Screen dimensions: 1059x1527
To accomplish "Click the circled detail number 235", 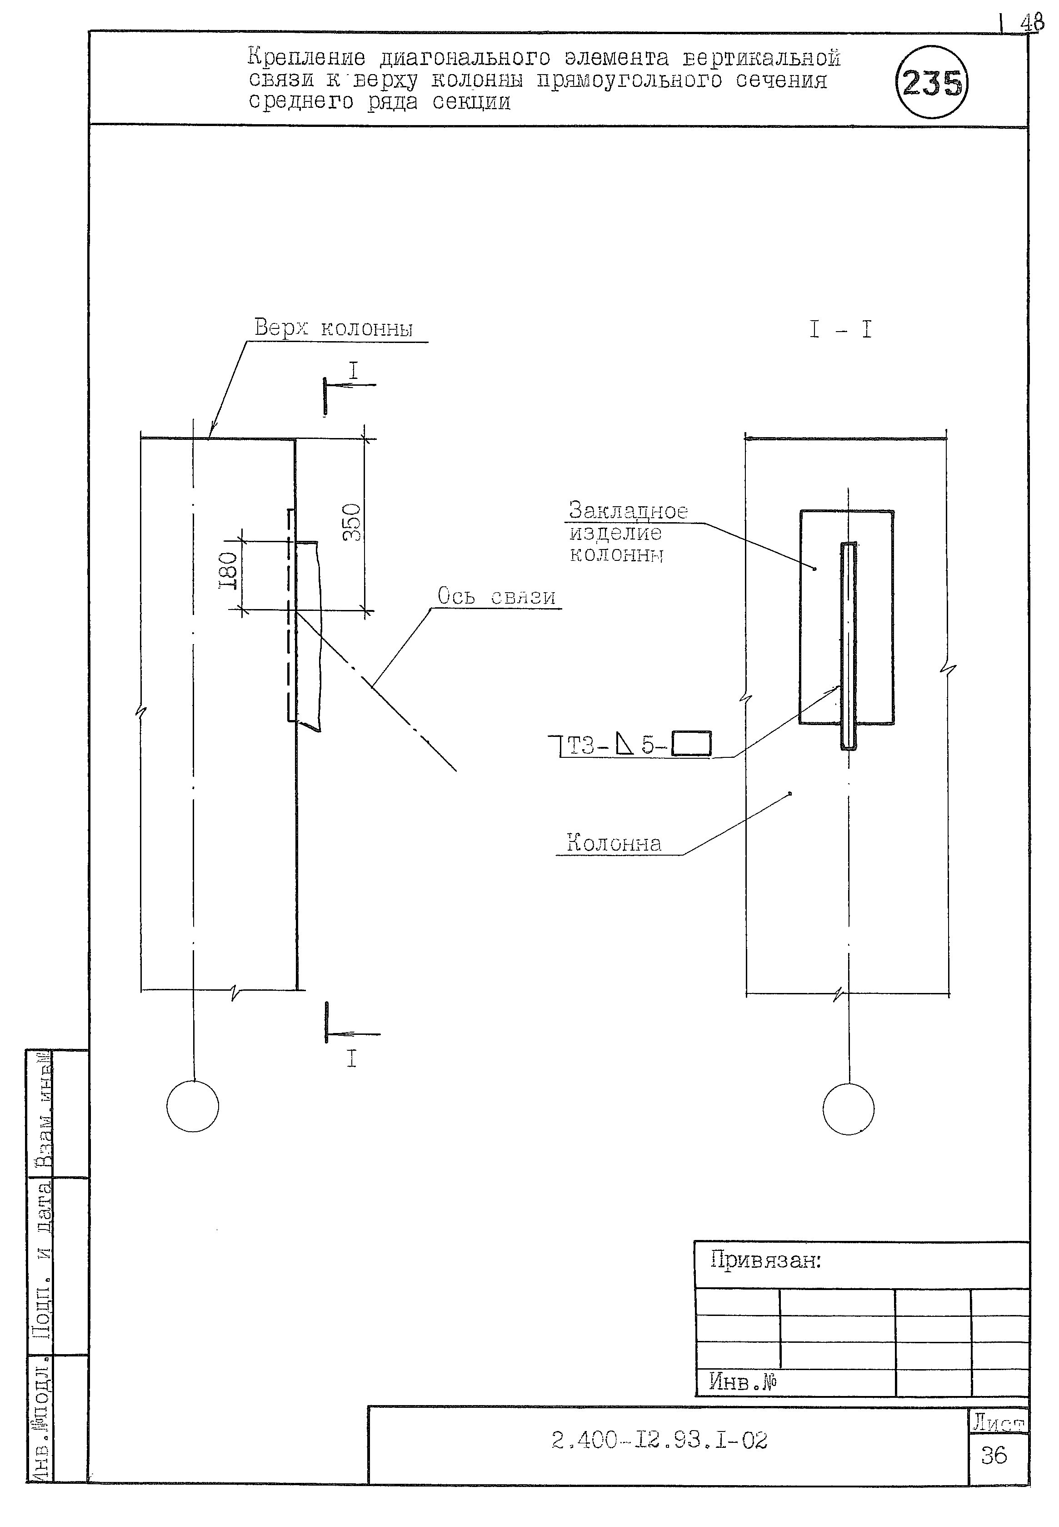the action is point(932,82).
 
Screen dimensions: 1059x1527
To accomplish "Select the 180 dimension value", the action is point(228,571).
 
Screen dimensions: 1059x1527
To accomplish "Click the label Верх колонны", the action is point(333,328).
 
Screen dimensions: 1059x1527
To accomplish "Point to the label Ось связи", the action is point(496,596).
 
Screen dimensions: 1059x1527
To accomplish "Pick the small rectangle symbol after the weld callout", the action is point(691,744).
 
